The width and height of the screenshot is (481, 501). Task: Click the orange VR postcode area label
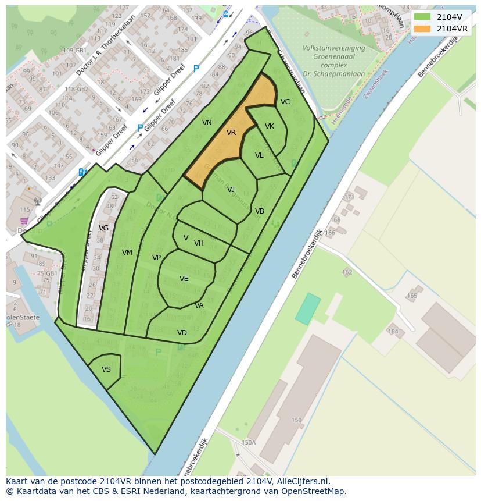(231, 133)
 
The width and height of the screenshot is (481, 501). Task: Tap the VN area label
(207, 122)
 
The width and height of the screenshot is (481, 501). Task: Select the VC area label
(285, 102)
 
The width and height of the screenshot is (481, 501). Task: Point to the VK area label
(270, 126)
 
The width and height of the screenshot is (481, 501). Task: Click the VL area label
(259, 155)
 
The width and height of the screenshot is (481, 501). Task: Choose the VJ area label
(231, 190)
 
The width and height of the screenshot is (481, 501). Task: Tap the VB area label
(260, 211)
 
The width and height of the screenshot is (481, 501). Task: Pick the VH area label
(199, 243)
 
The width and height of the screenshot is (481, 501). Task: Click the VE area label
(184, 279)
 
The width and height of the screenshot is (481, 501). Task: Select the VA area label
(199, 305)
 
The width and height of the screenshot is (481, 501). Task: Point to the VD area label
(182, 333)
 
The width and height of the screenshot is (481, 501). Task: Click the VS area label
(106, 369)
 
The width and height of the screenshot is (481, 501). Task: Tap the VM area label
(127, 253)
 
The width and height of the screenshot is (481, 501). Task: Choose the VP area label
(156, 258)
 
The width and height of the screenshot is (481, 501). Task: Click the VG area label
(103, 228)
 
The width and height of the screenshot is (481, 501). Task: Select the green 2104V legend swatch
(422, 16)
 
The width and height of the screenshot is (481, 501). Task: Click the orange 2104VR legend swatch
(422, 28)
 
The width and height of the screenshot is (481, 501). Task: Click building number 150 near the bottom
(296, 420)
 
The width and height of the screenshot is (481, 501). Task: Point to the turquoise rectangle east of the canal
(308, 309)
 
